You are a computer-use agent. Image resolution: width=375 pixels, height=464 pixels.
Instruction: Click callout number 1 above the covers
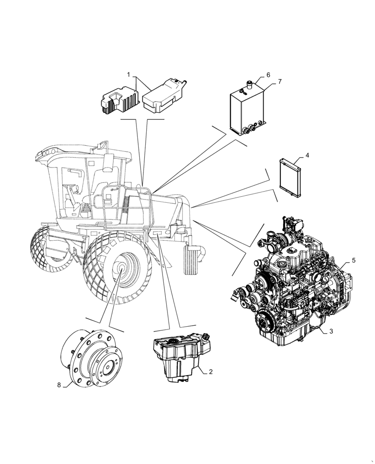pyautogui.click(x=129, y=75)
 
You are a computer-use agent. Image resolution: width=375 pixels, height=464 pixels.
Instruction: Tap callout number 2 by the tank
pyautogui.click(x=211, y=372)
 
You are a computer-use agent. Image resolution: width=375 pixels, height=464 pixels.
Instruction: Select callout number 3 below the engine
pyautogui.click(x=331, y=332)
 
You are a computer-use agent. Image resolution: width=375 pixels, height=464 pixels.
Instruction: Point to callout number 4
pyautogui.click(x=307, y=155)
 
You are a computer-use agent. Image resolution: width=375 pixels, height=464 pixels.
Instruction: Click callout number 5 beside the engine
pyautogui.click(x=354, y=261)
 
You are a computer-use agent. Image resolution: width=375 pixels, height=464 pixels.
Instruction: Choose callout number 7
pyautogui.click(x=280, y=82)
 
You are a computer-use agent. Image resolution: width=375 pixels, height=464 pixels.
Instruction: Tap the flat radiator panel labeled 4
pyautogui.click(x=291, y=179)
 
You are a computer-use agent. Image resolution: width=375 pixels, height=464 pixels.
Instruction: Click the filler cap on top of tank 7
pyautogui.click(x=250, y=85)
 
